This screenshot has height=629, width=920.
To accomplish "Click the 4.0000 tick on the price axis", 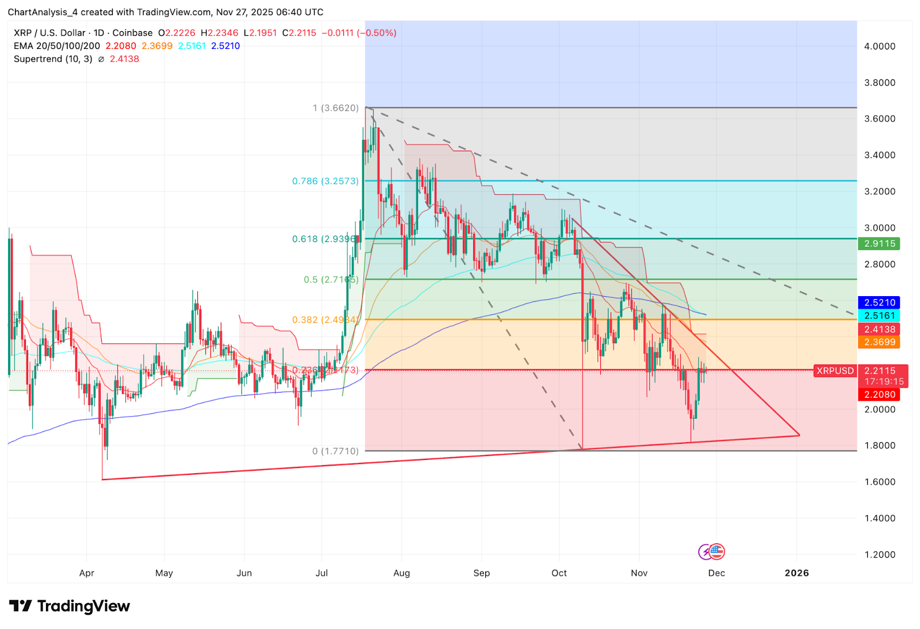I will [x=880, y=46].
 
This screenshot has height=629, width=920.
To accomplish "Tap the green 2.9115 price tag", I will [x=879, y=244].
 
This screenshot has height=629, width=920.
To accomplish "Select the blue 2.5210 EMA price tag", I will [x=879, y=302].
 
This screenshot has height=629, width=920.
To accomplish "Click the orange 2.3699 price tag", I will [x=879, y=342].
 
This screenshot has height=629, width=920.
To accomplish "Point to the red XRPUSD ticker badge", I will [x=835, y=371].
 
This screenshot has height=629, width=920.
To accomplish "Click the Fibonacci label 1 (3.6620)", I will [x=336, y=108].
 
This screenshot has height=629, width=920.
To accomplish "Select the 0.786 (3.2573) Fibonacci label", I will [x=325, y=181].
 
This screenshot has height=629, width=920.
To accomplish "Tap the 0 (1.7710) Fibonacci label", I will [x=335, y=451].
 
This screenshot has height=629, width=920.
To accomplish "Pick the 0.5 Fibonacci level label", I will [x=331, y=279].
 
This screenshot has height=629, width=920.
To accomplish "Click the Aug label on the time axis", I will [x=401, y=573].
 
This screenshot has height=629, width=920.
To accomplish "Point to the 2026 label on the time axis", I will [x=796, y=573].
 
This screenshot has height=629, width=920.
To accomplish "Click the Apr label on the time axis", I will [x=87, y=573].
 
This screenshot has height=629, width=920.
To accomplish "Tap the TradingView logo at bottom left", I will [x=70, y=606].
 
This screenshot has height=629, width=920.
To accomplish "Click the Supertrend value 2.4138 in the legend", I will [x=124, y=59].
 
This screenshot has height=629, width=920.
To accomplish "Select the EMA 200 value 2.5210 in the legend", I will [x=225, y=46].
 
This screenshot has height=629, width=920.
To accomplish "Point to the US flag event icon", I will [x=716, y=552].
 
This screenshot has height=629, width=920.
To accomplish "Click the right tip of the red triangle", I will [x=799, y=435].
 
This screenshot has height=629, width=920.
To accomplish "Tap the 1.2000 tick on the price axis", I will [x=880, y=554].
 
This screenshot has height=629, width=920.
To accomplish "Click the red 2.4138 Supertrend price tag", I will [x=879, y=329].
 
